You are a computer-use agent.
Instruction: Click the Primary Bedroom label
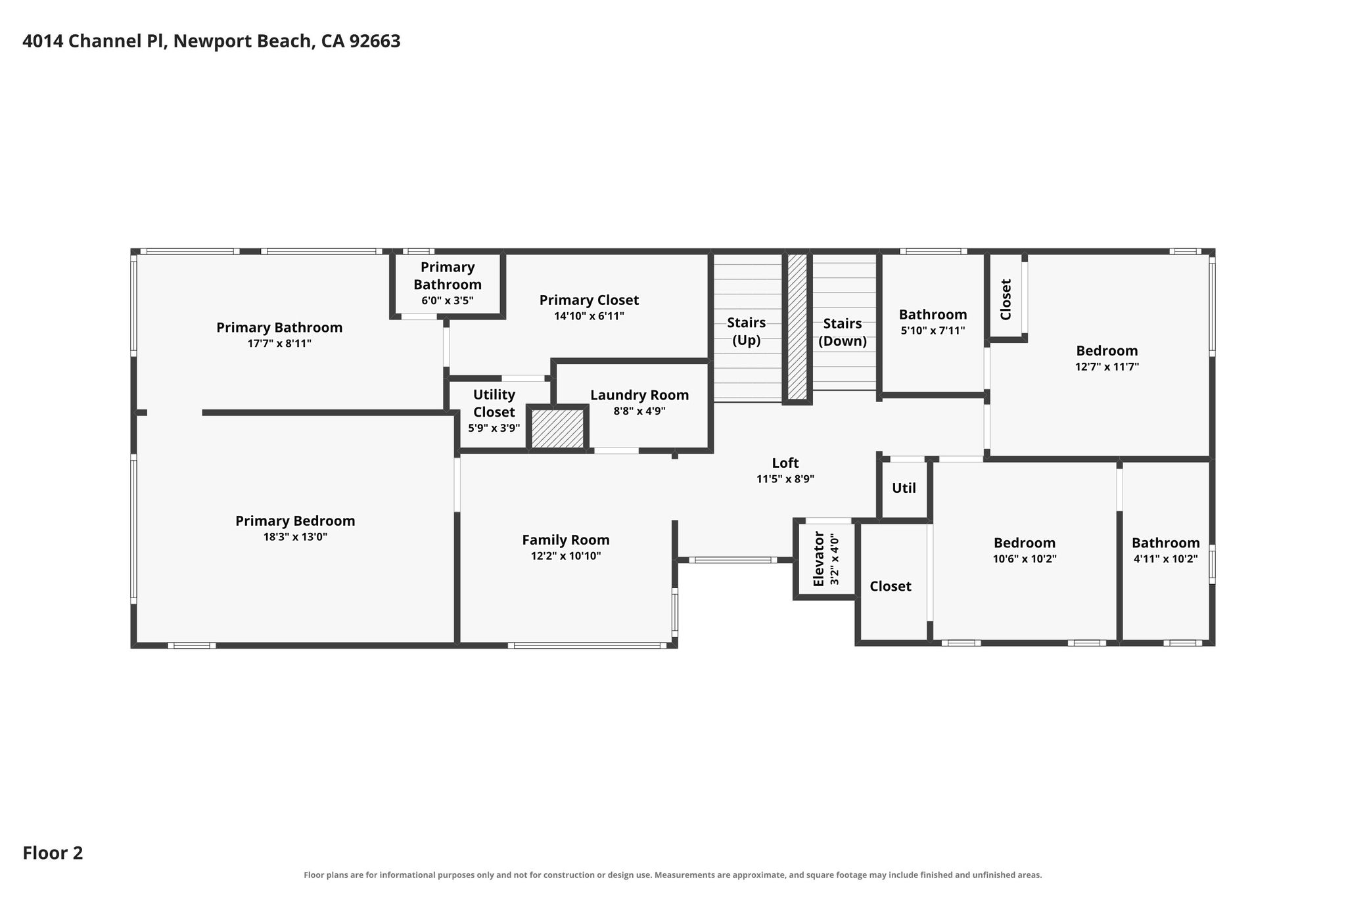(295, 521)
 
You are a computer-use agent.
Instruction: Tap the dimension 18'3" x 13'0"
(295, 537)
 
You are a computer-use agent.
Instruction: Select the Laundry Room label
(639, 396)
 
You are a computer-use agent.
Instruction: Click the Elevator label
(818, 559)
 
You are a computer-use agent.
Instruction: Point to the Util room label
(904, 488)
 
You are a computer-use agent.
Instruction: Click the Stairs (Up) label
(747, 332)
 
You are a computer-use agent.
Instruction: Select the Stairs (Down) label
(843, 333)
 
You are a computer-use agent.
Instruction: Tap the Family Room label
(566, 540)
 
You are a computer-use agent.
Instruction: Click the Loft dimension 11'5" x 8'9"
(785, 479)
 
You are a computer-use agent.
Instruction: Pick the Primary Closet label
(589, 300)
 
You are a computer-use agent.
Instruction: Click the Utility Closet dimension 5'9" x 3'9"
(494, 428)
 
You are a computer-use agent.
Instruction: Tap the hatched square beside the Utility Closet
(557, 429)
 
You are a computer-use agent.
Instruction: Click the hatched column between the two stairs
(797, 327)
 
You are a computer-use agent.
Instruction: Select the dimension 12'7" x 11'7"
(1107, 367)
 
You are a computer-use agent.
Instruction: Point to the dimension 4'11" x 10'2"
(1166, 559)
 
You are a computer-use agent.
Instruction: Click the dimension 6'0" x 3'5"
(448, 301)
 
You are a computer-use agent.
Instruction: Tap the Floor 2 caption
(53, 853)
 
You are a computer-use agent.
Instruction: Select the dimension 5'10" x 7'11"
(933, 331)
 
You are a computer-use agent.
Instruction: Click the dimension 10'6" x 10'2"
(1025, 559)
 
